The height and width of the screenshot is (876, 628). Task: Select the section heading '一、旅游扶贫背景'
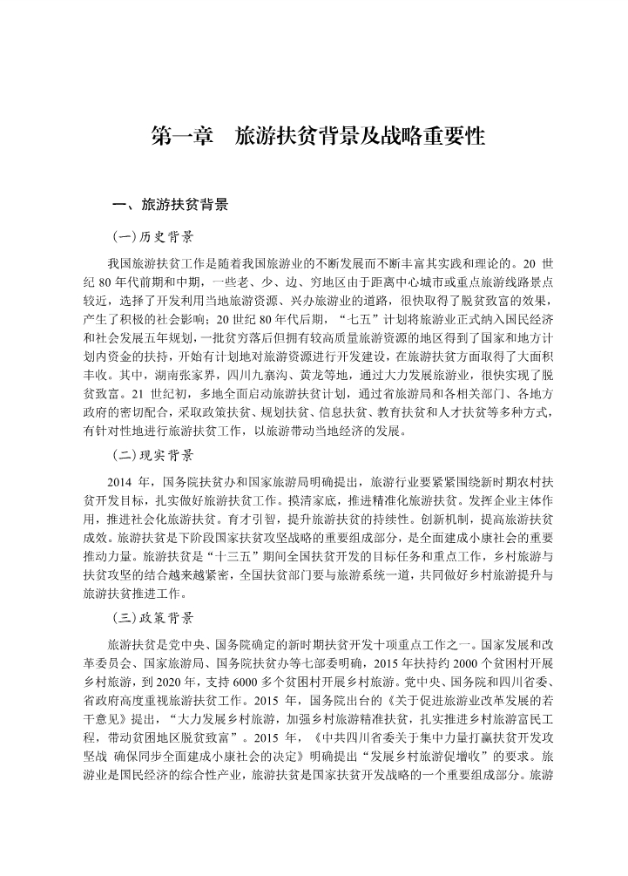pos(172,206)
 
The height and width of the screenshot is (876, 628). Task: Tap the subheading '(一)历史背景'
pos(152,237)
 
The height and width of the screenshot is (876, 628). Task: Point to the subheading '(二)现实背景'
pos(152,455)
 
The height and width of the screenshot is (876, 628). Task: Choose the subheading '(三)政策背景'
pos(152,618)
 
